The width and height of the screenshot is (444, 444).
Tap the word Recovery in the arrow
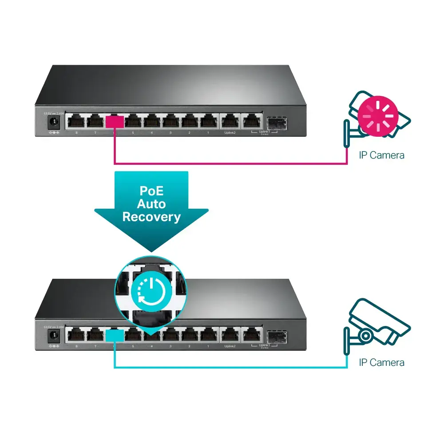tap(151, 217)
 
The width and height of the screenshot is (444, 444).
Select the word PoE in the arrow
tap(151, 190)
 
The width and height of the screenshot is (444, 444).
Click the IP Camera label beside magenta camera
tap(382, 155)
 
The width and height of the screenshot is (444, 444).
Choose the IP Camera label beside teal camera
tap(382, 362)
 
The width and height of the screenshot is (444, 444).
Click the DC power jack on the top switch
tap(54, 122)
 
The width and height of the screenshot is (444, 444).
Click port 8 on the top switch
tap(76, 121)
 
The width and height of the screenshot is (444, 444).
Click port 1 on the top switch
tap(209, 121)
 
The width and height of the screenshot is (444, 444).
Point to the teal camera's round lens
tap(365, 335)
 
